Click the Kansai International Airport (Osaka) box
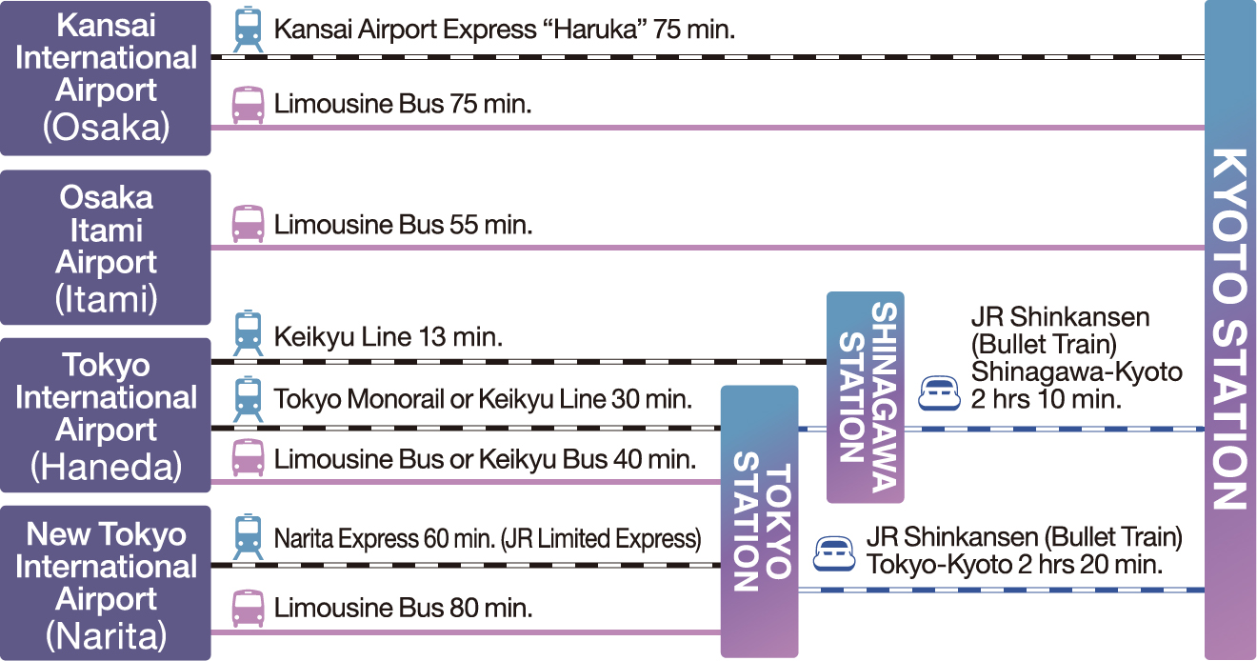pos(106,78)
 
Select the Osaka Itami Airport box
pos(106,248)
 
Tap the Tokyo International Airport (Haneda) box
pos(106,415)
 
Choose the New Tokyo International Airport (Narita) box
pos(106,583)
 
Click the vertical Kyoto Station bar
pos(1230,330)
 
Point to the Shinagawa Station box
pos(866,397)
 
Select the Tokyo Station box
pos(759,521)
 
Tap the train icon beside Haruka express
pos(248,30)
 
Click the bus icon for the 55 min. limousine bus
pos(248,224)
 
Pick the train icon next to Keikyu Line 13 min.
pos(248,332)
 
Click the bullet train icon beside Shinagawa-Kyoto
pos(939,393)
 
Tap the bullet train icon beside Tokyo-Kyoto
pos(834,553)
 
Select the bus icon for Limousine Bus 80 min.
pos(248,609)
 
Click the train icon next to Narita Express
pos(248,536)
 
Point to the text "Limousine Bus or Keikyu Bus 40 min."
pos(485,460)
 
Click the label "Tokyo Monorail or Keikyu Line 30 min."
pos(483,399)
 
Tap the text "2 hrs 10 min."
pos(1046,399)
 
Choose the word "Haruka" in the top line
pos(594,30)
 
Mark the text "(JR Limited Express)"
pos(601,539)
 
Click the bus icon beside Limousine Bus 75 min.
pos(248,105)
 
